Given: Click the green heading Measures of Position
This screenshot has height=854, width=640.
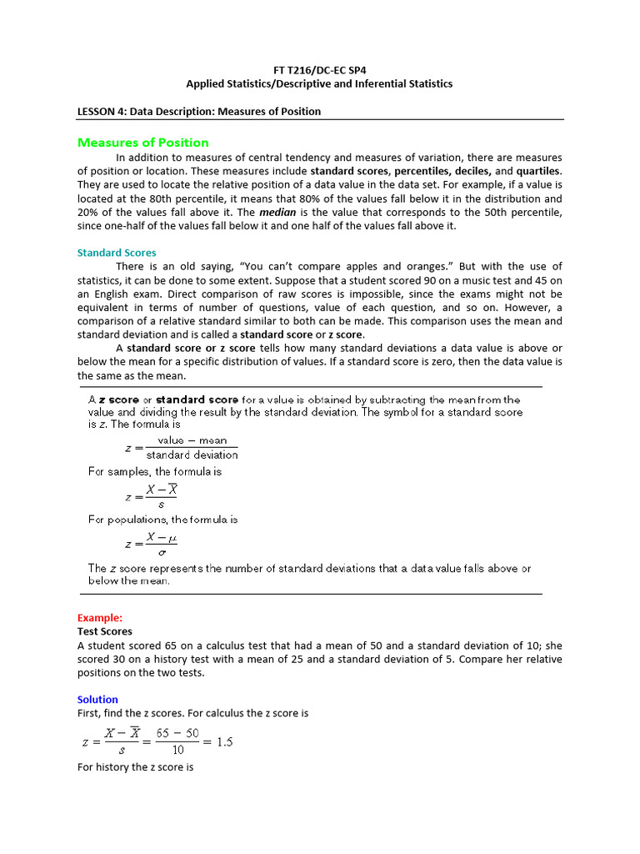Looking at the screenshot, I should tap(142, 143).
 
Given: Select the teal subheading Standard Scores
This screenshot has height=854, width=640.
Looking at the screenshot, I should tap(117, 253).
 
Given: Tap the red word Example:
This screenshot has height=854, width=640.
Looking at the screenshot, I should tap(99, 618).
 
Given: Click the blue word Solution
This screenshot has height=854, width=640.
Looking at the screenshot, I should tap(97, 700).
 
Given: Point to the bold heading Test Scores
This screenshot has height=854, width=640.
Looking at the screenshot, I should tap(104, 632).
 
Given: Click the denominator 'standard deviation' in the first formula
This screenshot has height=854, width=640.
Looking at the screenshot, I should tap(192, 455).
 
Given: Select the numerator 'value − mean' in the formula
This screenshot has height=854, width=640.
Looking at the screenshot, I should tap(192, 440).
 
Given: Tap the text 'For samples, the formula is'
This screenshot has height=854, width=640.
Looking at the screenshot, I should tap(155, 471).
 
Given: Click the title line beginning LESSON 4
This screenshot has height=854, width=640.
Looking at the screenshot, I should tap(198, 111).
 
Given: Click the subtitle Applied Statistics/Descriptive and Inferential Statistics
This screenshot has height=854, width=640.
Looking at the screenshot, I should tap(319, 84).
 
